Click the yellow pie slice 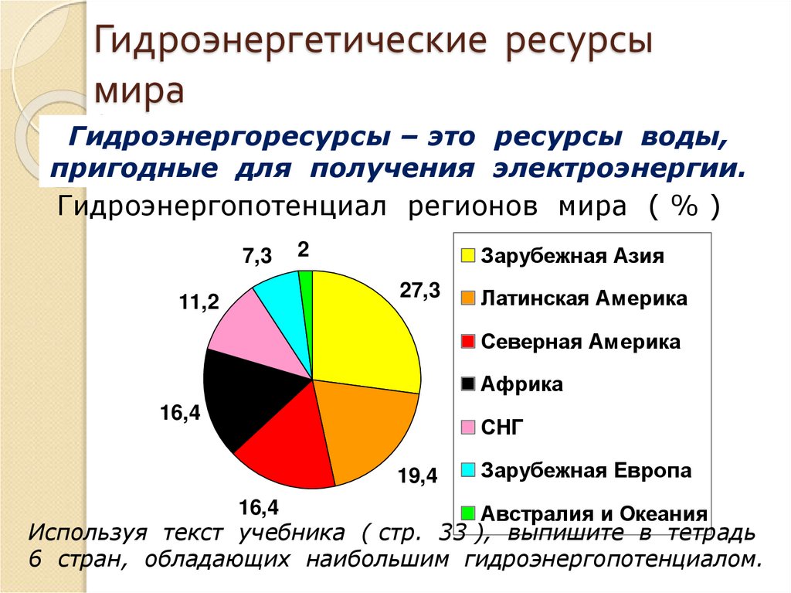click(x=363, y=332)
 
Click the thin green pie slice click(x=306, y=283)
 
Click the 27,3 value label click(x=419, y=291)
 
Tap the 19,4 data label click(x=417, y=476)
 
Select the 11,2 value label click(x=199, y=303)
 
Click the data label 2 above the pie click(x=303, y=249)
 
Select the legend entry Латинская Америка click(x=584, y=298)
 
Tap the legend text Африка click(x=522, y=384)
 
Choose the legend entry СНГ click(x=502, y=427)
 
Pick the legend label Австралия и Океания click(x=594, y=513)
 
